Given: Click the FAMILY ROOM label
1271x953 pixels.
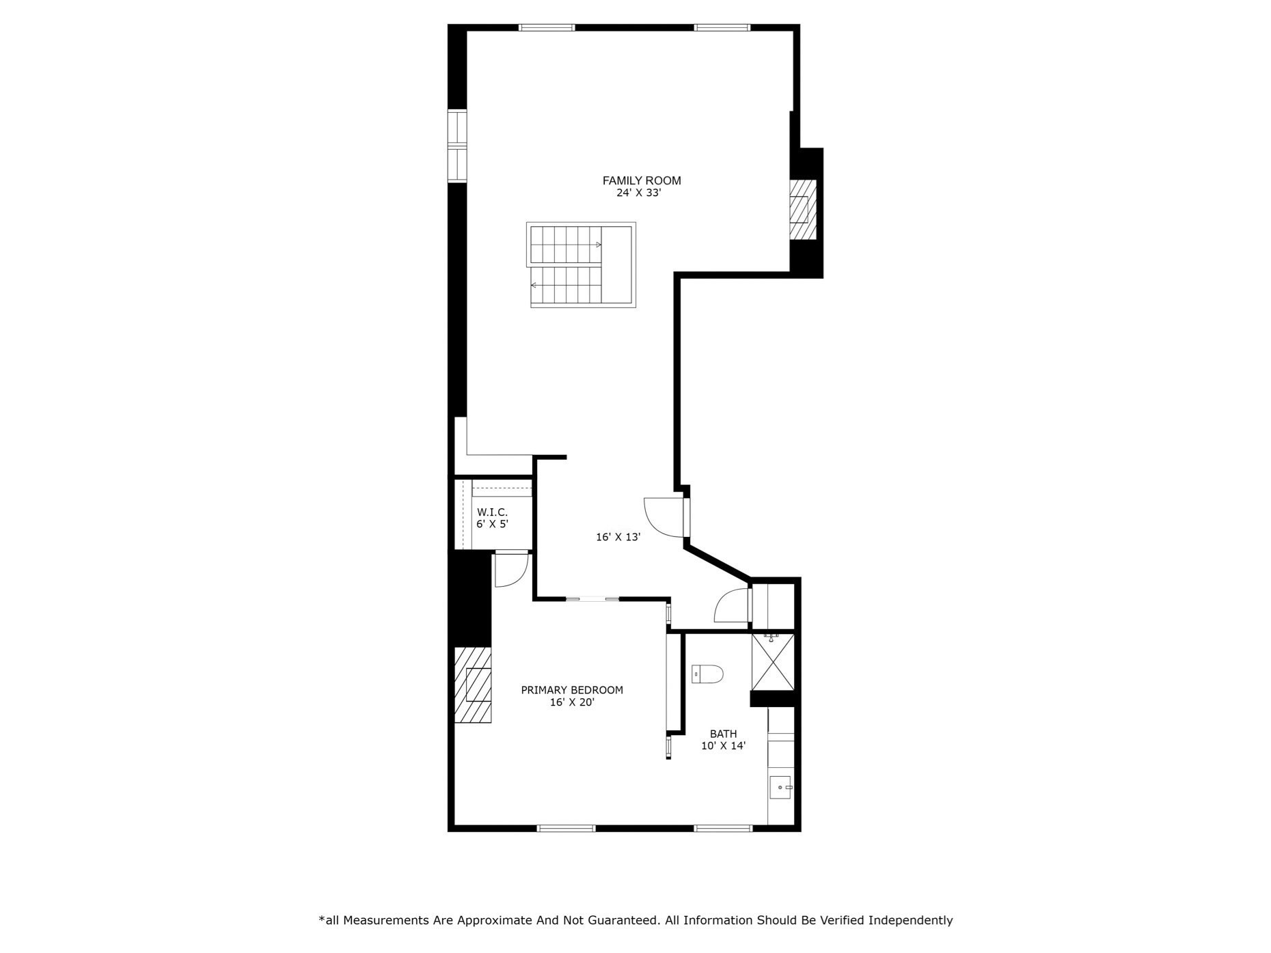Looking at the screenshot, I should click(641, 180).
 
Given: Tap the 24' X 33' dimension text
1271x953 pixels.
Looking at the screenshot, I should click(638, 193).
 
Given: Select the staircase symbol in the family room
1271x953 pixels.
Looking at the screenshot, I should click(581, 265).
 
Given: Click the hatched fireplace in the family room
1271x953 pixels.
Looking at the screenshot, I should click(802, 209).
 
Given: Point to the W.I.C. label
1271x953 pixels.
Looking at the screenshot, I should click(492, 512).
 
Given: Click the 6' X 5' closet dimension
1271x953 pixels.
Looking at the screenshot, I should click(492, 525).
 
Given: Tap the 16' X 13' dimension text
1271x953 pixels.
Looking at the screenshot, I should click(618, 538).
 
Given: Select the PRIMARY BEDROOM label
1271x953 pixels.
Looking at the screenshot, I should click(572, 690).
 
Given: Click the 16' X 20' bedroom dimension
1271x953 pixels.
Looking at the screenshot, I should click(572, 702).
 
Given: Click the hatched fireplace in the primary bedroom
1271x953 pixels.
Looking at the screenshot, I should click(473, 685).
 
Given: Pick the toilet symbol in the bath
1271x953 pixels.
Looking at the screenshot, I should click(707, 674).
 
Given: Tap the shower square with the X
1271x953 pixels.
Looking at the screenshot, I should click(773, 663).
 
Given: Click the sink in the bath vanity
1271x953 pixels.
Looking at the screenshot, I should click(780, 788).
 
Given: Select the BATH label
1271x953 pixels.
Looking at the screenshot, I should click(723, 734).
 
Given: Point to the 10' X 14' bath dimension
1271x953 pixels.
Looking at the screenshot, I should click(723, 747).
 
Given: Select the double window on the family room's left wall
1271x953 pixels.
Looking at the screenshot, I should click(456, 146).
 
